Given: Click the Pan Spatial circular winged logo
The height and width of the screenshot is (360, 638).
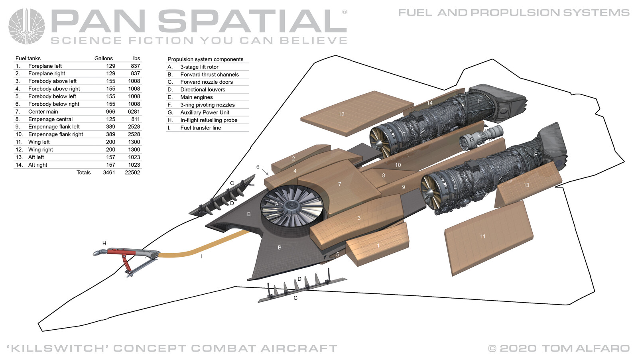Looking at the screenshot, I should (27, 26).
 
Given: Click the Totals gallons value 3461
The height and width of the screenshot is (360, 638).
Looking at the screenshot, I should (109, 173).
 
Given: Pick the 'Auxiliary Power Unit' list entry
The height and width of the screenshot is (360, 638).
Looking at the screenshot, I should (205, 112).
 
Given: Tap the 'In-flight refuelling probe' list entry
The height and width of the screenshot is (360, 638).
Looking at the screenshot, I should (209, 120).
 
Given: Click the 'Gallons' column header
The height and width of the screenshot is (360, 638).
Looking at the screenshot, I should (103, 58).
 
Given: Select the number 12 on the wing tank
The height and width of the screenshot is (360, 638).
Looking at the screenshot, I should (341, 114).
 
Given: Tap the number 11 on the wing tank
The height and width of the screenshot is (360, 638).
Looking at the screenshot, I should (482, 236).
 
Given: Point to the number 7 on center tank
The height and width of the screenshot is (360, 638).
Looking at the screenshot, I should (339, 184).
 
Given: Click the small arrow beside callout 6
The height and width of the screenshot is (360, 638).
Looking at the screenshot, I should (265, 172).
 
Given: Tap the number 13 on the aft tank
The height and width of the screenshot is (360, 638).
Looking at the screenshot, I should (526, 185).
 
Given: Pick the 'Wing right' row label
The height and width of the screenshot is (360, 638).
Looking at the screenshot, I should (40, 150).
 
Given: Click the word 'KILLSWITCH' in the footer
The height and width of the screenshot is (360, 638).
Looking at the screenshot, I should (58, 348).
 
